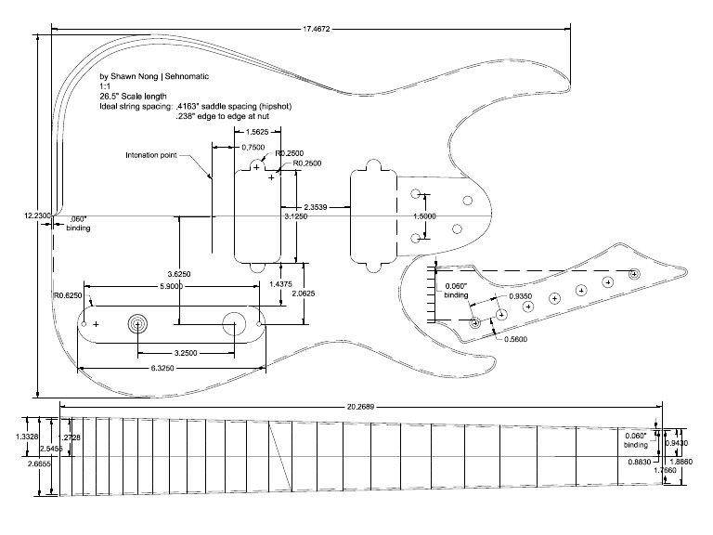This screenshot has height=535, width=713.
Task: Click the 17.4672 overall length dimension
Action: click(x=318, y=28)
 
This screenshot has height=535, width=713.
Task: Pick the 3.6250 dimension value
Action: click(x=179, y=273)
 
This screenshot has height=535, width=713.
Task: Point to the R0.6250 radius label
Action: click(x=67, y=296)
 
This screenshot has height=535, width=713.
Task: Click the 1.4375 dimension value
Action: click(x=280, y=282)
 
